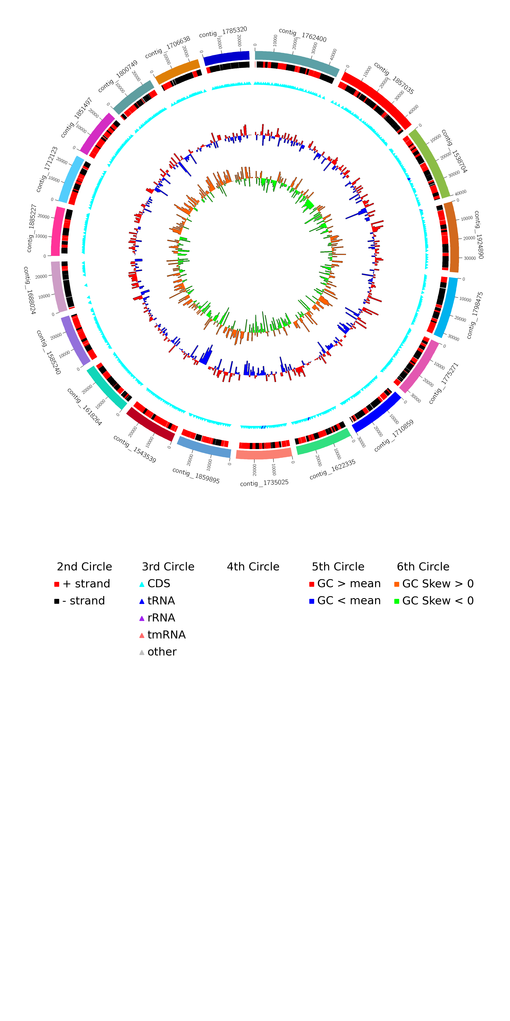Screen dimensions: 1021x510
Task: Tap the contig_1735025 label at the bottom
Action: [264, 483]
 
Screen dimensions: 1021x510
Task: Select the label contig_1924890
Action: [479, 235]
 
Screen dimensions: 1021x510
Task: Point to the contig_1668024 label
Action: [29, 291]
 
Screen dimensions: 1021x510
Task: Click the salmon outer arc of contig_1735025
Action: [264, 454]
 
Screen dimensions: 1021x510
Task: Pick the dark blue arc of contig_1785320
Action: [227, 57]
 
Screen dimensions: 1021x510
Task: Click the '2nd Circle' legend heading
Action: [84, 567]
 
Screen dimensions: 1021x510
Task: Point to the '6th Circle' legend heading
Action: [423, 567]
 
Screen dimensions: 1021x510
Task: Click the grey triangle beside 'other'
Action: [142, 652]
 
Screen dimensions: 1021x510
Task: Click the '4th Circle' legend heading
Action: [253, 567]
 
